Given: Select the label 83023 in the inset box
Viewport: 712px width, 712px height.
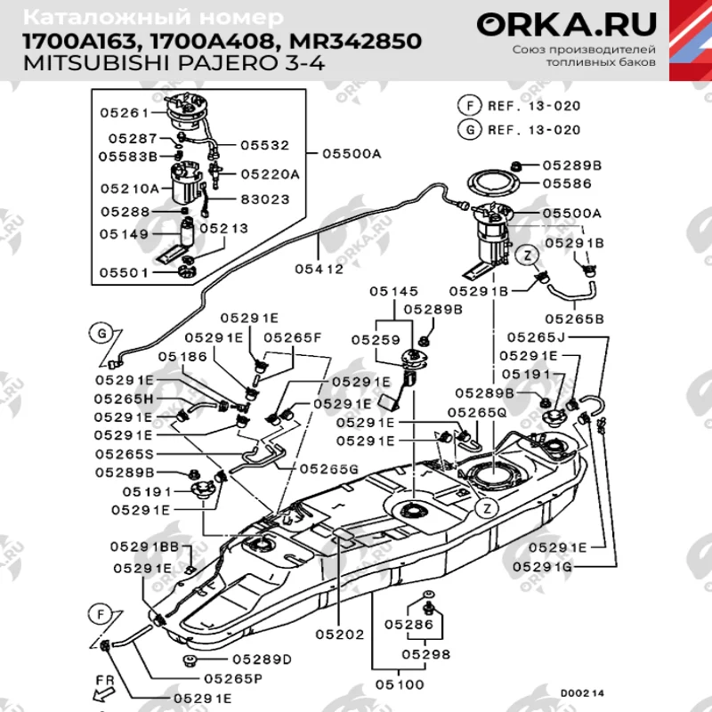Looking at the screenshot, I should click(x=264, y=199).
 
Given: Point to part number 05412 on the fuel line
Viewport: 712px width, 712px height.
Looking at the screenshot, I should click(x=318, y=266).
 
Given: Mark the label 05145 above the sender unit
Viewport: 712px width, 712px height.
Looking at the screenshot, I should click(x=394, y=291).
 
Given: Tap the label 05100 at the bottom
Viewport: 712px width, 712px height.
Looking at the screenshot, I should click(x=399, y=684).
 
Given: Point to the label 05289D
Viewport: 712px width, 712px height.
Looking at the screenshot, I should click(x=262, y=659).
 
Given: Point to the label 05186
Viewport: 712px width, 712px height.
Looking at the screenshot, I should click(x=182, y=357).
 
